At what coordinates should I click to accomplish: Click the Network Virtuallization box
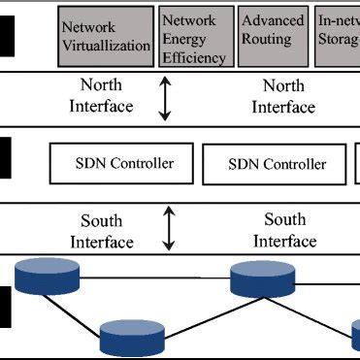pos(106,37)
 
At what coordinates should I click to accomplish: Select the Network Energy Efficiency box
pos(195,38)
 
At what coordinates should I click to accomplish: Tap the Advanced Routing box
pos(272,38)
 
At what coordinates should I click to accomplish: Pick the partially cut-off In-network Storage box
pos(338,38)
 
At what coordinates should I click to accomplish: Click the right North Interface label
pos(283,96)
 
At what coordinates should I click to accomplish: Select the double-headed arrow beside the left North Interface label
pos(165,100)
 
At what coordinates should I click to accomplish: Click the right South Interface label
pos(284,229)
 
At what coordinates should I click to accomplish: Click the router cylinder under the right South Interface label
pos(256,278)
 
